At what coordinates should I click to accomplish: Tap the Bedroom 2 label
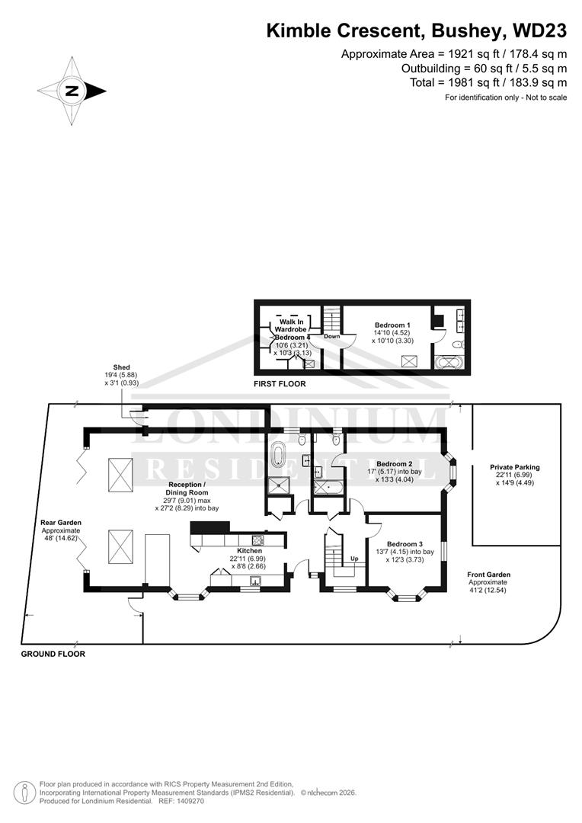(x=394, y=464)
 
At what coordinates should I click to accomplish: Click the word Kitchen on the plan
(x=249, y=550)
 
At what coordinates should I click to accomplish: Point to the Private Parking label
(x=515, y=467)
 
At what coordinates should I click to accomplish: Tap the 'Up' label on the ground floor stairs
(x=353, y=558)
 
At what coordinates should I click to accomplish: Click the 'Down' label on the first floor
(x=331, y=336)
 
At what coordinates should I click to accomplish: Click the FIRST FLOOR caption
(x=280, y=384)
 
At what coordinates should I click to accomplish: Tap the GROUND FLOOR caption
(x=53, y=654)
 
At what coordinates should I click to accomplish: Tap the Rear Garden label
(x=60, y=523)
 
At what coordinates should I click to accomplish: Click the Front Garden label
(x=489, y=575)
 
